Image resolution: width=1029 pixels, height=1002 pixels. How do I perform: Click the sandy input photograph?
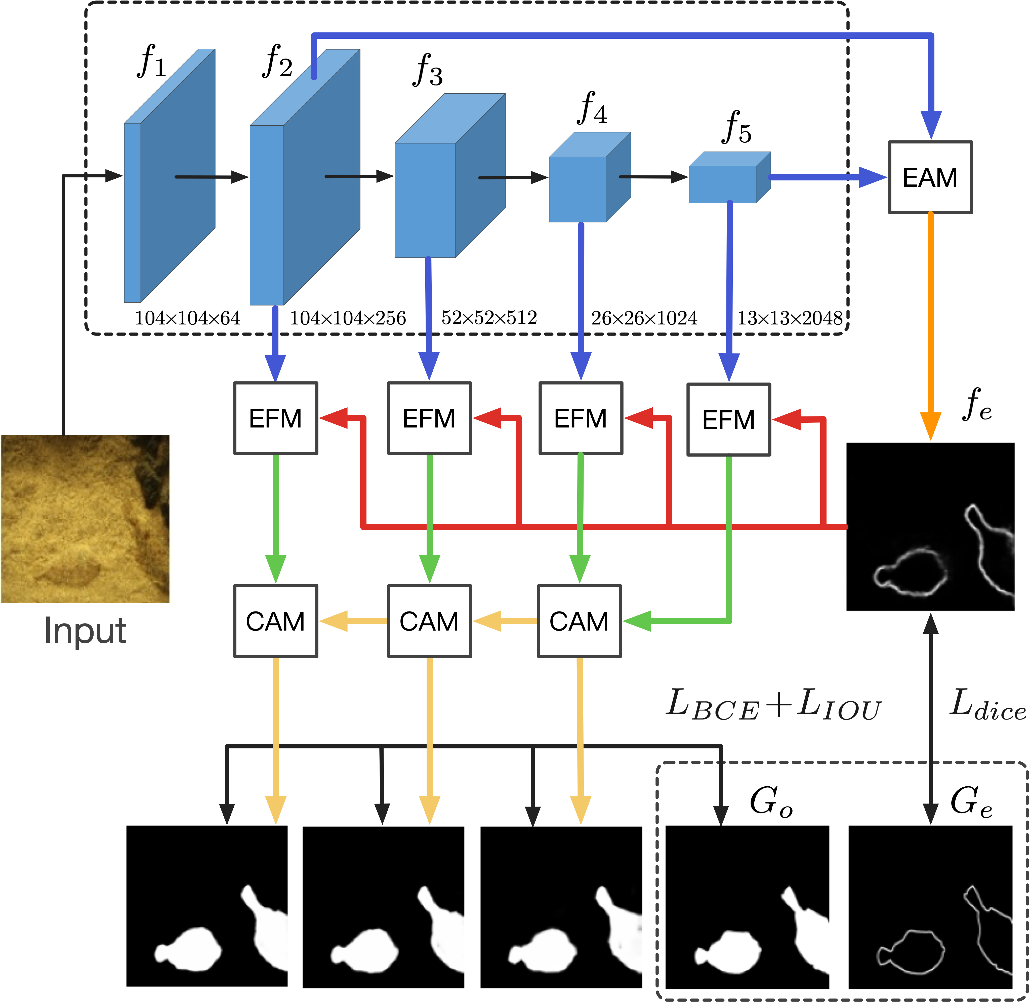[x=85, y=518]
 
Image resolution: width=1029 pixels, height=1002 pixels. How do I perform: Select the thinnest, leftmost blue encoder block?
[x=169, y=176]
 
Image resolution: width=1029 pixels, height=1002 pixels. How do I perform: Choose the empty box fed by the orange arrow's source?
[x=930, y=177]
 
